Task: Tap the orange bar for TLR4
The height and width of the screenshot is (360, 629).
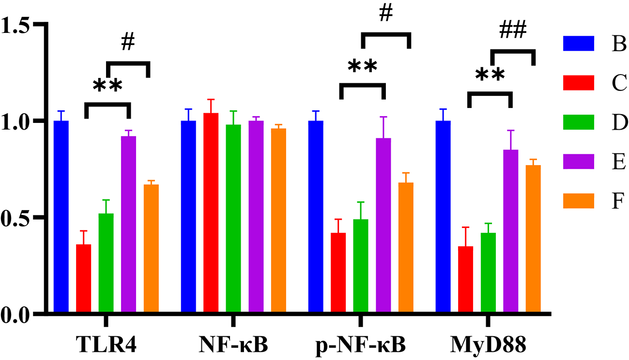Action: (x=151, y=249)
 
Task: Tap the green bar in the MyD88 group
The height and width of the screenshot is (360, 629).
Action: (x=488, y=273)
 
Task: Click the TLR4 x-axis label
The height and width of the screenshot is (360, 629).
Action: (x=106, y=345)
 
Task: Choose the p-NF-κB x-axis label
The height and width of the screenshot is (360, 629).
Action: (x=361, y=345)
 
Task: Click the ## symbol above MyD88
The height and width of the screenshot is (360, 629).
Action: (x=513, y=32)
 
